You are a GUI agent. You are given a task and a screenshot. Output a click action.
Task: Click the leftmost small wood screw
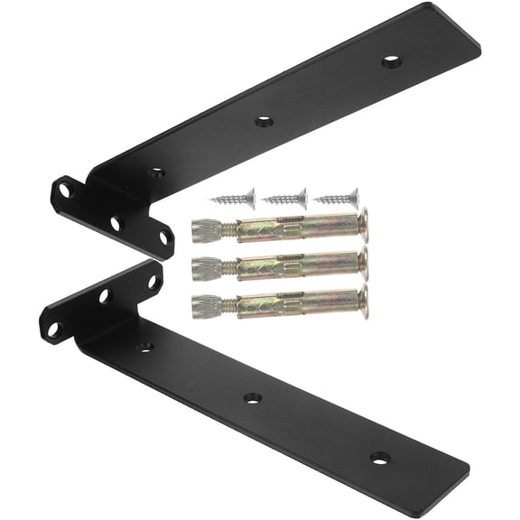(233, 196)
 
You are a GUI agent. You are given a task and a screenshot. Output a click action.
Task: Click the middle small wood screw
(287, 196)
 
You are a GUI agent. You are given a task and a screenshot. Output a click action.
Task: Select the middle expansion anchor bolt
(280, 265)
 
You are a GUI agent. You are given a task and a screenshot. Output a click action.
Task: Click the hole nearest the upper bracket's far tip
(391, 60)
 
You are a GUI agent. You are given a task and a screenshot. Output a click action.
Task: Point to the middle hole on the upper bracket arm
(264, 120)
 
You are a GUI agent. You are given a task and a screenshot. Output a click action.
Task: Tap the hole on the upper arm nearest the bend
(156, 171)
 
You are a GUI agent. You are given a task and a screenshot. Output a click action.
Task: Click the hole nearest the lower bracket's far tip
(380, 457)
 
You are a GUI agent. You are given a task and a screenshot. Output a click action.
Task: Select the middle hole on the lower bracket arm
(252, 397)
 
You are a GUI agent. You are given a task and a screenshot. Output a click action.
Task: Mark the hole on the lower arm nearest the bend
(144, 346)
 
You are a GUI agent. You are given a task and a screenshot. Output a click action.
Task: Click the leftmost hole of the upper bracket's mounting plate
(65, 191)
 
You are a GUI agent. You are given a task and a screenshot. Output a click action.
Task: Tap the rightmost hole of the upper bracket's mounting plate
(164, 237)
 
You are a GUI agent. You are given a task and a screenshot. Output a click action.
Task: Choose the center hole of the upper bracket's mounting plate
(116, 221)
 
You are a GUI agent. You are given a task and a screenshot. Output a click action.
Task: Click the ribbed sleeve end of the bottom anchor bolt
(205, 303)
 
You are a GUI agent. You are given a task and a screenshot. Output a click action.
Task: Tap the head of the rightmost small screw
(352, 195)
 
